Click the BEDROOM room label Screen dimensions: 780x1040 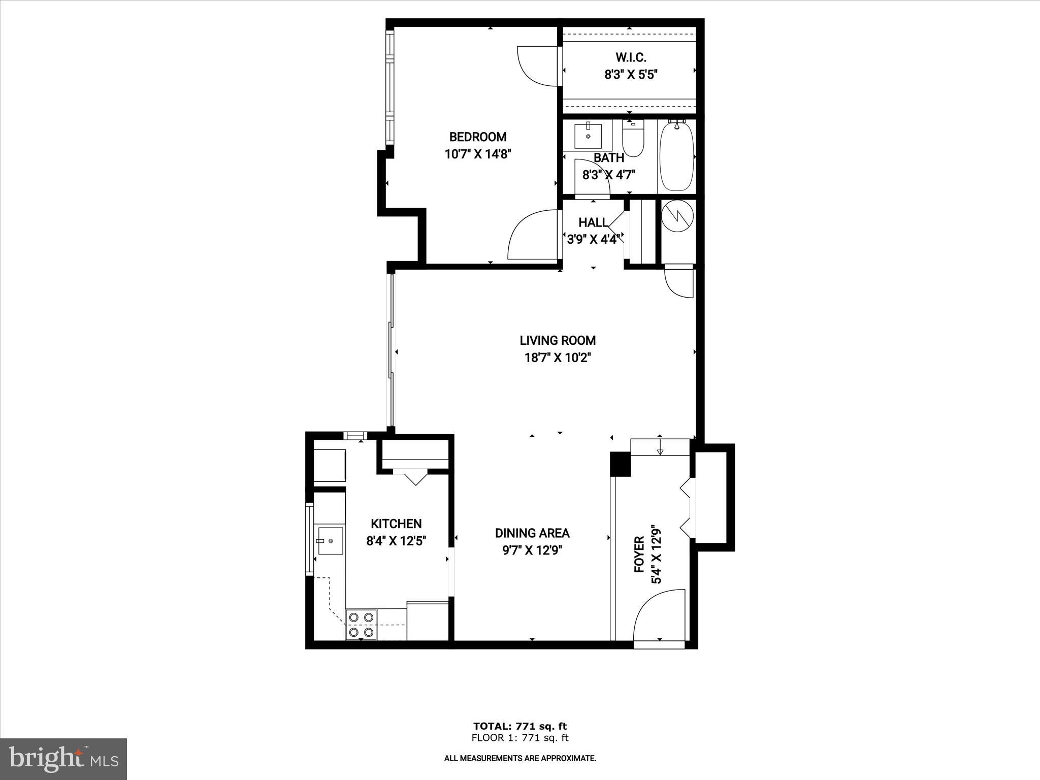point(477,137)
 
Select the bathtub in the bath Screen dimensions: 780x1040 point(676,155)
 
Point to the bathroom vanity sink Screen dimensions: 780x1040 point(588,136)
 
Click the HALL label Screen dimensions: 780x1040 point(593,222)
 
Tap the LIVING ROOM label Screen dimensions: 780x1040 point(557,340)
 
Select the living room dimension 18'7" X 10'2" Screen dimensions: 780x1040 point(557,357)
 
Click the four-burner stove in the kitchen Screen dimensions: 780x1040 point(361,625)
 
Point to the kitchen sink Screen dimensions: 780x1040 point(330,541)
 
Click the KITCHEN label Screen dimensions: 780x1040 point(396,524)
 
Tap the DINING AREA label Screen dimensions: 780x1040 point(532,533)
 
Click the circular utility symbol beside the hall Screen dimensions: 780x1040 point(678,216)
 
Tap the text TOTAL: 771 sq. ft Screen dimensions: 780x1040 point(519,726)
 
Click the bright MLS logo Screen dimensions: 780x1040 point(63,759)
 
